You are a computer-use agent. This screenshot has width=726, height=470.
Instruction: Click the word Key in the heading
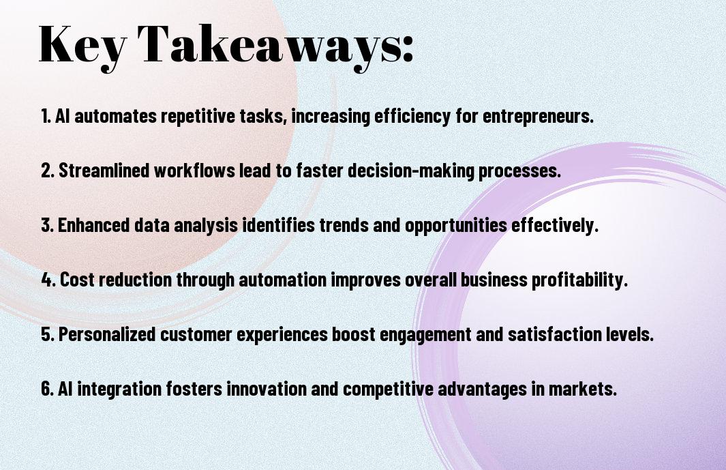pyautogui.click(x=82, y=46)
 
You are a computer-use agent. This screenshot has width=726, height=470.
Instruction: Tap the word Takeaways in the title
pyautogui.click(x=269, y=46)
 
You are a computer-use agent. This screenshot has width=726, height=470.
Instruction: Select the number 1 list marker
pyautogui.click(x=46, y=116)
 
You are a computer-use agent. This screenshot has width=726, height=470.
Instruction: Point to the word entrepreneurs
pyautogui.click(x=538, y=117)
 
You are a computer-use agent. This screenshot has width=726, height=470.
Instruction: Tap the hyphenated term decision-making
pyautogui.click(x=411, y=171)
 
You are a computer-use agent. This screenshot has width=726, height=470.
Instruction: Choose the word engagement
pyautogui.click(x=425, y=335)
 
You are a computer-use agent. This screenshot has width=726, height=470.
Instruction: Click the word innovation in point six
pyautogui.click(x=267, y=388)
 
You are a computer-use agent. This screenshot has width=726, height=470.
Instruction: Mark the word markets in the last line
pyautogui.click(x=583, y=388)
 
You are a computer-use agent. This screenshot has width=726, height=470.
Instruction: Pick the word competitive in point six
pyautogui.click(x=388, y=390)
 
